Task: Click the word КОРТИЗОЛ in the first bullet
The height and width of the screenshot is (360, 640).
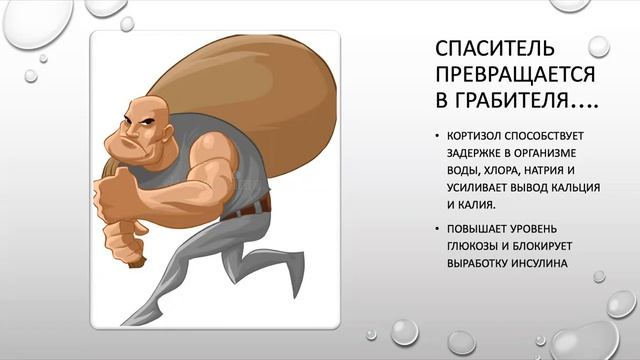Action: pyautogui.click(x=476, y=134)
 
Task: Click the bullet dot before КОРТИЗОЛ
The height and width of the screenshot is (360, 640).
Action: pyautogui.click(x=437, y=135)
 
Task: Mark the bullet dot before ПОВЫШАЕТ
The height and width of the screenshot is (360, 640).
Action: pyautogui.click(x=437, y=228)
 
